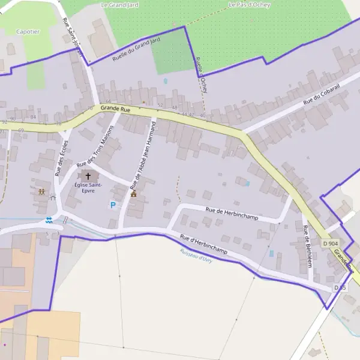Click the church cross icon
click(x=89, y=177)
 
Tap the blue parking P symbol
click(x=112, y=205)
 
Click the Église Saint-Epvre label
click(x=89, y=188)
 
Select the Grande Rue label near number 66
click(x=115, y=109)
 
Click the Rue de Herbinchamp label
click(x=232, y=213)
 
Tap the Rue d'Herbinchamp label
click(x=203, y=245)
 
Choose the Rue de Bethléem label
click(x=308, y=246)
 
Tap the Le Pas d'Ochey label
click(x=250, y=5)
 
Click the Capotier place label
click(x=28, y=31)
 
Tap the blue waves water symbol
click(x=49, y=220)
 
